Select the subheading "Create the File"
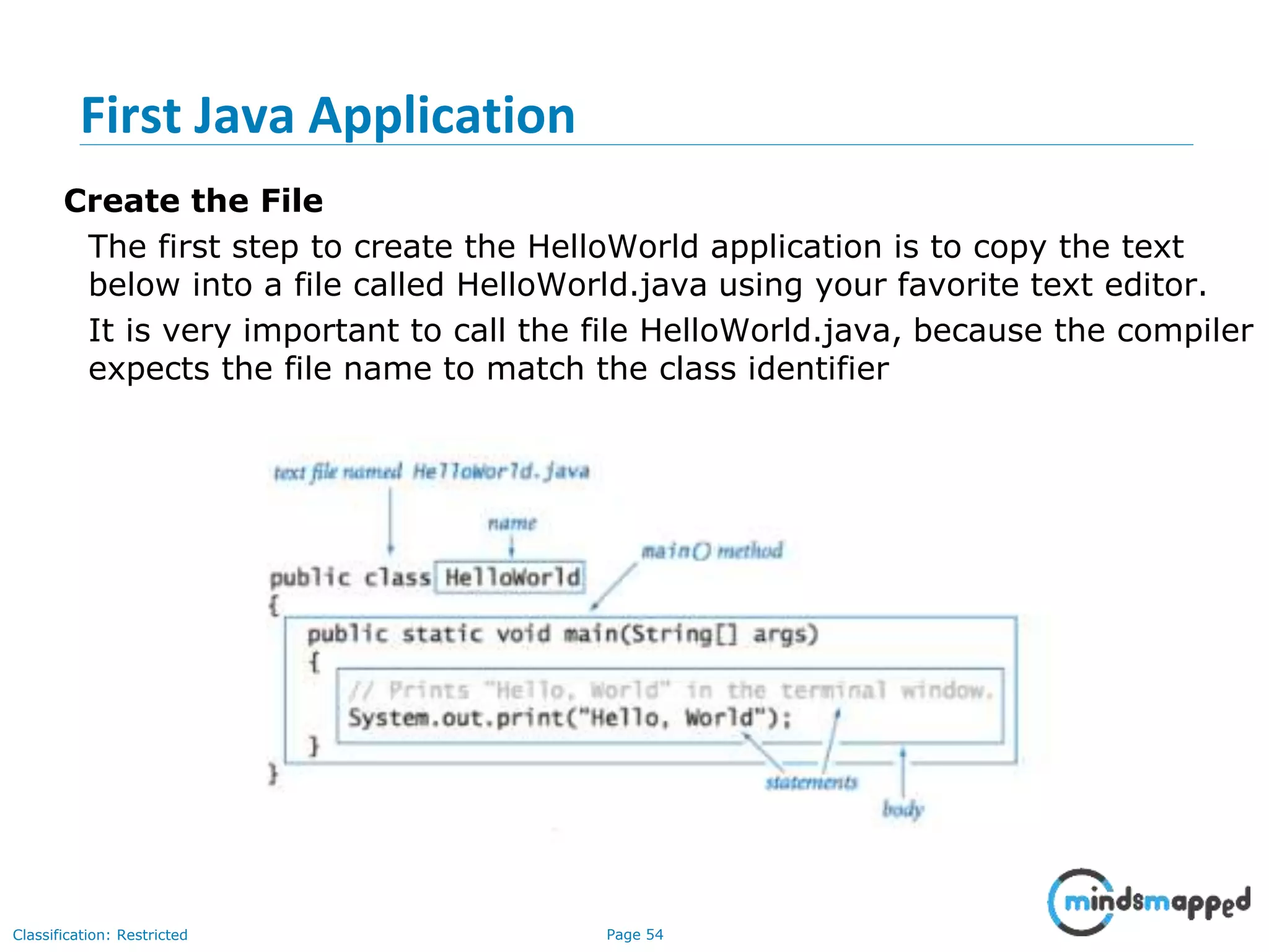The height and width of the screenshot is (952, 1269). pyautogui.click(x=193, y=201)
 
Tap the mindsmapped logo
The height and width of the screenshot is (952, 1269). pyautogui.click(x=1149, y=902)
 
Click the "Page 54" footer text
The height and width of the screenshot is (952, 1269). pyautogui.click(x=634, y=935)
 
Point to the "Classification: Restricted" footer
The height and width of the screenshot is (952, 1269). pyautogui.click(x=100, y=935)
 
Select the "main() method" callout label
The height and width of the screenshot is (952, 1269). pyautogui.click(x=711, y=550)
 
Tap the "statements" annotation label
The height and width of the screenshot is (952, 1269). pyautogui.click(x=811, y=783)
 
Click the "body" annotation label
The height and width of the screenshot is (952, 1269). pyautogui.click(x=903, y=809)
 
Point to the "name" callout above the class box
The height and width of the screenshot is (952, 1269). pyautogui.click(x=512, y=524)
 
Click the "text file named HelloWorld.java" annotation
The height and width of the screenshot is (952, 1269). pyautogui.click(x=431, y=472)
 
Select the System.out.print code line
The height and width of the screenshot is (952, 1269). pyautogui.click(x=569, y=718)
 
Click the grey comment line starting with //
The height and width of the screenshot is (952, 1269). pyautogui.click(x=670, y=690)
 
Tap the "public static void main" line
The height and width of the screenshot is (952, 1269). pyautogui.click(x=563, y=634)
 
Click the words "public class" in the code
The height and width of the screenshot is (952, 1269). pyautogui.click(x=350, y=578)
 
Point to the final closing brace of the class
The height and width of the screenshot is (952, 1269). pyautogui.click(x=273, y=774)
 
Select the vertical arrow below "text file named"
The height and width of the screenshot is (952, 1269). pyautogui.click(x=390, y=521)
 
